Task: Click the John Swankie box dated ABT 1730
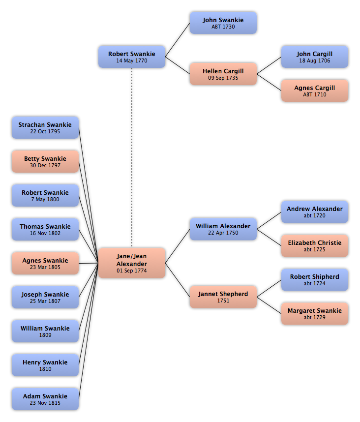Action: point(223,23)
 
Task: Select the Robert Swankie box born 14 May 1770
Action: point(132,57)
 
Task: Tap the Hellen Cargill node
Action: point(223,74)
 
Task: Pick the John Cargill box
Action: point(315,57)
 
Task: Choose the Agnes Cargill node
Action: point(315,90)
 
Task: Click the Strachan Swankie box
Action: point(45,128)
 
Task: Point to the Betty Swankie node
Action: point(45,162)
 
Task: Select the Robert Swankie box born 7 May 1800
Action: point(45,196)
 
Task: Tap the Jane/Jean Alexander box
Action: point(132,263)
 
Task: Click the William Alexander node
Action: point(223,229)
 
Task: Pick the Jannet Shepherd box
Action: point(223,297)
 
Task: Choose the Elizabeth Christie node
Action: point(315,246)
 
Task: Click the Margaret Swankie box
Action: point(315,313)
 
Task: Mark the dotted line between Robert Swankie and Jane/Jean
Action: point(132,157)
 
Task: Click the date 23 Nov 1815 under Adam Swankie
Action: point(45,403)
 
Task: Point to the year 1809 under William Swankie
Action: point(45,335)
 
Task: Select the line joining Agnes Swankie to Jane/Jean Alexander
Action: point(89,263)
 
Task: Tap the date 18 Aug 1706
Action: point(315,60)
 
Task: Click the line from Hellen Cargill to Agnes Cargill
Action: point(269,82)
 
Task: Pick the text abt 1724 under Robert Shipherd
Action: point(315,283)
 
